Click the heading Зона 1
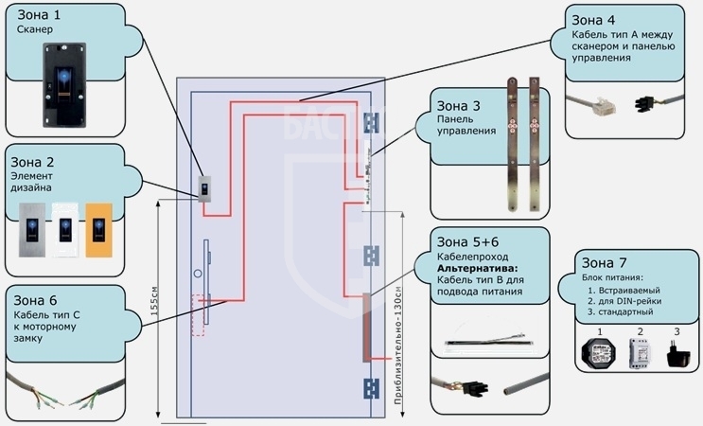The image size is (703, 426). (x=39, y=15)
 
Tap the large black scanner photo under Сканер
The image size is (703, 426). (x=64, y=85)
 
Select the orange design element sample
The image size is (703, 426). (x=98, y=230)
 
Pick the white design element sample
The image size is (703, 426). (x=65, y=230)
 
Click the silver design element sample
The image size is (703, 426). (x=32, y=230)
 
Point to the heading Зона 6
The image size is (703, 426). (x=35, y=300)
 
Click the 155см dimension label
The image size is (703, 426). (x=155, y=300)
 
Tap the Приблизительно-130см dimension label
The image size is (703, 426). (x=397, y=345)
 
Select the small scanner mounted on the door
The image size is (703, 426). (x=204, y=188)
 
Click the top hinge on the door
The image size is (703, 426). (x=371, y=123)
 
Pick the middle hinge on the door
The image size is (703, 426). (x=371, y=256)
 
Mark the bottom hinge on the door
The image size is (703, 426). (x=371, y=388)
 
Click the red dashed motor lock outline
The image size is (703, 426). (x=198, y=315)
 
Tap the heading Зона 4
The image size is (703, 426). (x=593, y=20)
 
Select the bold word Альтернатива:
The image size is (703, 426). (x=477, y=268)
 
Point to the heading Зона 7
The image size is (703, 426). (x=604, y=262)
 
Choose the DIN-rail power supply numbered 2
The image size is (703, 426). (x=641, y=353)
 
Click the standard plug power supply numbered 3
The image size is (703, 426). (x=677, y=354)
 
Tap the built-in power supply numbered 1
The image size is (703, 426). (x=599, y=351)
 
